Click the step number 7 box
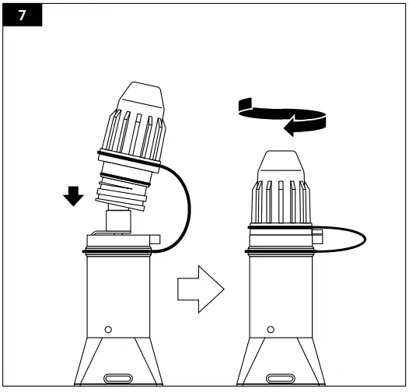tap(21, 16)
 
